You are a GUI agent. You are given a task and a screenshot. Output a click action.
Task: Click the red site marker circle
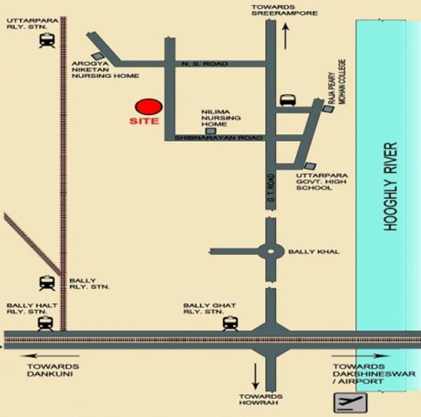pyautogui.click(x=149, y=107)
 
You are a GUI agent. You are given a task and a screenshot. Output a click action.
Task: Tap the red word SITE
pyautogui.click(x=145, y=121)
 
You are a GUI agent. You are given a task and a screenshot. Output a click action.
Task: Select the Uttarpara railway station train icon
pyautogui.click(x=48, y=41)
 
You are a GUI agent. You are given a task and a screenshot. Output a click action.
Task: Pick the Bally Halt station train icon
pyautogui.click(x=46, y=323)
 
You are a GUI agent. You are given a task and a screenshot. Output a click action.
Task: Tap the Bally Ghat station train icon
pyautogui.click(x=229, y=323)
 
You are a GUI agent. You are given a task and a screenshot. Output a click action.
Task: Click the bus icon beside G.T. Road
pyautogui.click(x=288, y=100)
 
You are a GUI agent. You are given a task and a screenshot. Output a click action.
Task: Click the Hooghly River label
pyautogui.click(x=392, y=187)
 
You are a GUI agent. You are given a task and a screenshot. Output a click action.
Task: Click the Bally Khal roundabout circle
pyautogui.click(x=271, y=251)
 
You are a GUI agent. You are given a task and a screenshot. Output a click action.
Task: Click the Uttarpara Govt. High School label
pyautogui.click(x=319, y=180)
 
